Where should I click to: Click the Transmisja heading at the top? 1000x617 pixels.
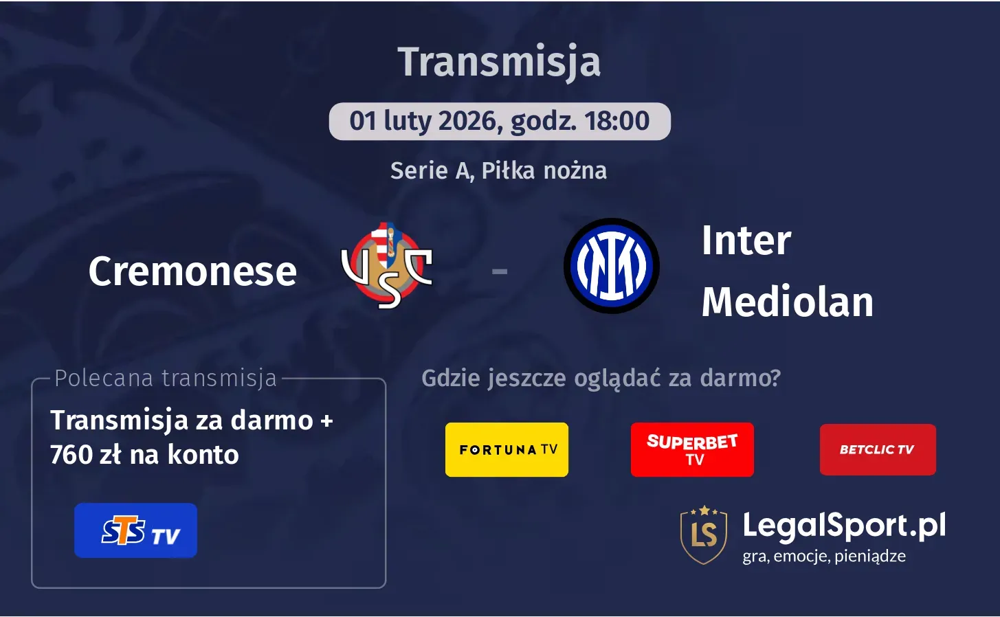coord(499,62)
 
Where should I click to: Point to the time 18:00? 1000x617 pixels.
coord(616,122)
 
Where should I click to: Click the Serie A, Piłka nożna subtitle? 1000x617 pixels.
coord(498,170)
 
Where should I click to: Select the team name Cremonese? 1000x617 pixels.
coord(192,271)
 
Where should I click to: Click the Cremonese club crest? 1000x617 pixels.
coord(387,265)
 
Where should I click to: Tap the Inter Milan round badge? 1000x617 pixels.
coord(611,266)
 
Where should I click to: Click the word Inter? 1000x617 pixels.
coord(746,240)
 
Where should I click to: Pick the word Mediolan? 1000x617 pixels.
coord(787,302)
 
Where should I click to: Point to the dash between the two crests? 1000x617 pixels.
coord(500,272)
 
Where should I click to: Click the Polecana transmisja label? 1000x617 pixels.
coord(166,378)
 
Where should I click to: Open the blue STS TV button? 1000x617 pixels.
coord(135,530)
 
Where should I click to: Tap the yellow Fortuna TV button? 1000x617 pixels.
coord(507,449)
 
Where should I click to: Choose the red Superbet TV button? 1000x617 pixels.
coord(692,449)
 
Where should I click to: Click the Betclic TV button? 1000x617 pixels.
coord(878,449)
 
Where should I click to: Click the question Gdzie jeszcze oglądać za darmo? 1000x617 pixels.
coord(601,378)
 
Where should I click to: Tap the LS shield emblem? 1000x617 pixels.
coord(703,535)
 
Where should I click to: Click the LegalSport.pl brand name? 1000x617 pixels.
coord(844,526)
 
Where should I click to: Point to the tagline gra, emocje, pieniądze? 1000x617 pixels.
coord(823,556)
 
